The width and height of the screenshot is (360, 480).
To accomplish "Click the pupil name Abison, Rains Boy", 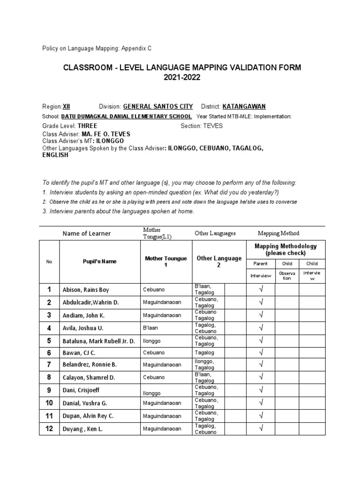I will coord(85,290).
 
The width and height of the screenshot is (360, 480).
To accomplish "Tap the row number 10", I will coord(49,403).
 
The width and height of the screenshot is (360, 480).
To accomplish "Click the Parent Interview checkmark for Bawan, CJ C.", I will coord(261,352).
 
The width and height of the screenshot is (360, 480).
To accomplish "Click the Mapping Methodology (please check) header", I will coord(285,249).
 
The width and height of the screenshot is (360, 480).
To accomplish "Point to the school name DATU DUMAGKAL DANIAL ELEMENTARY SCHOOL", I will coord(126,116).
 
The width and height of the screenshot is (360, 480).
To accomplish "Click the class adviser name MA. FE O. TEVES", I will coord(106,134).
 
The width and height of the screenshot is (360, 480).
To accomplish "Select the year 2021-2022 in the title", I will coord(182,78).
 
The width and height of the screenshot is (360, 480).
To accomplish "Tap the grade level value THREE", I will coord(87,126).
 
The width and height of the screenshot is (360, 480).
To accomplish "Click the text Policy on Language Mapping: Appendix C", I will coord(97,48).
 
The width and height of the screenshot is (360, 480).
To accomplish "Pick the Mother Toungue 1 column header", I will coord(166,262).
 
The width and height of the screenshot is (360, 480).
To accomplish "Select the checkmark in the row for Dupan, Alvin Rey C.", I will coord(261,415).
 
